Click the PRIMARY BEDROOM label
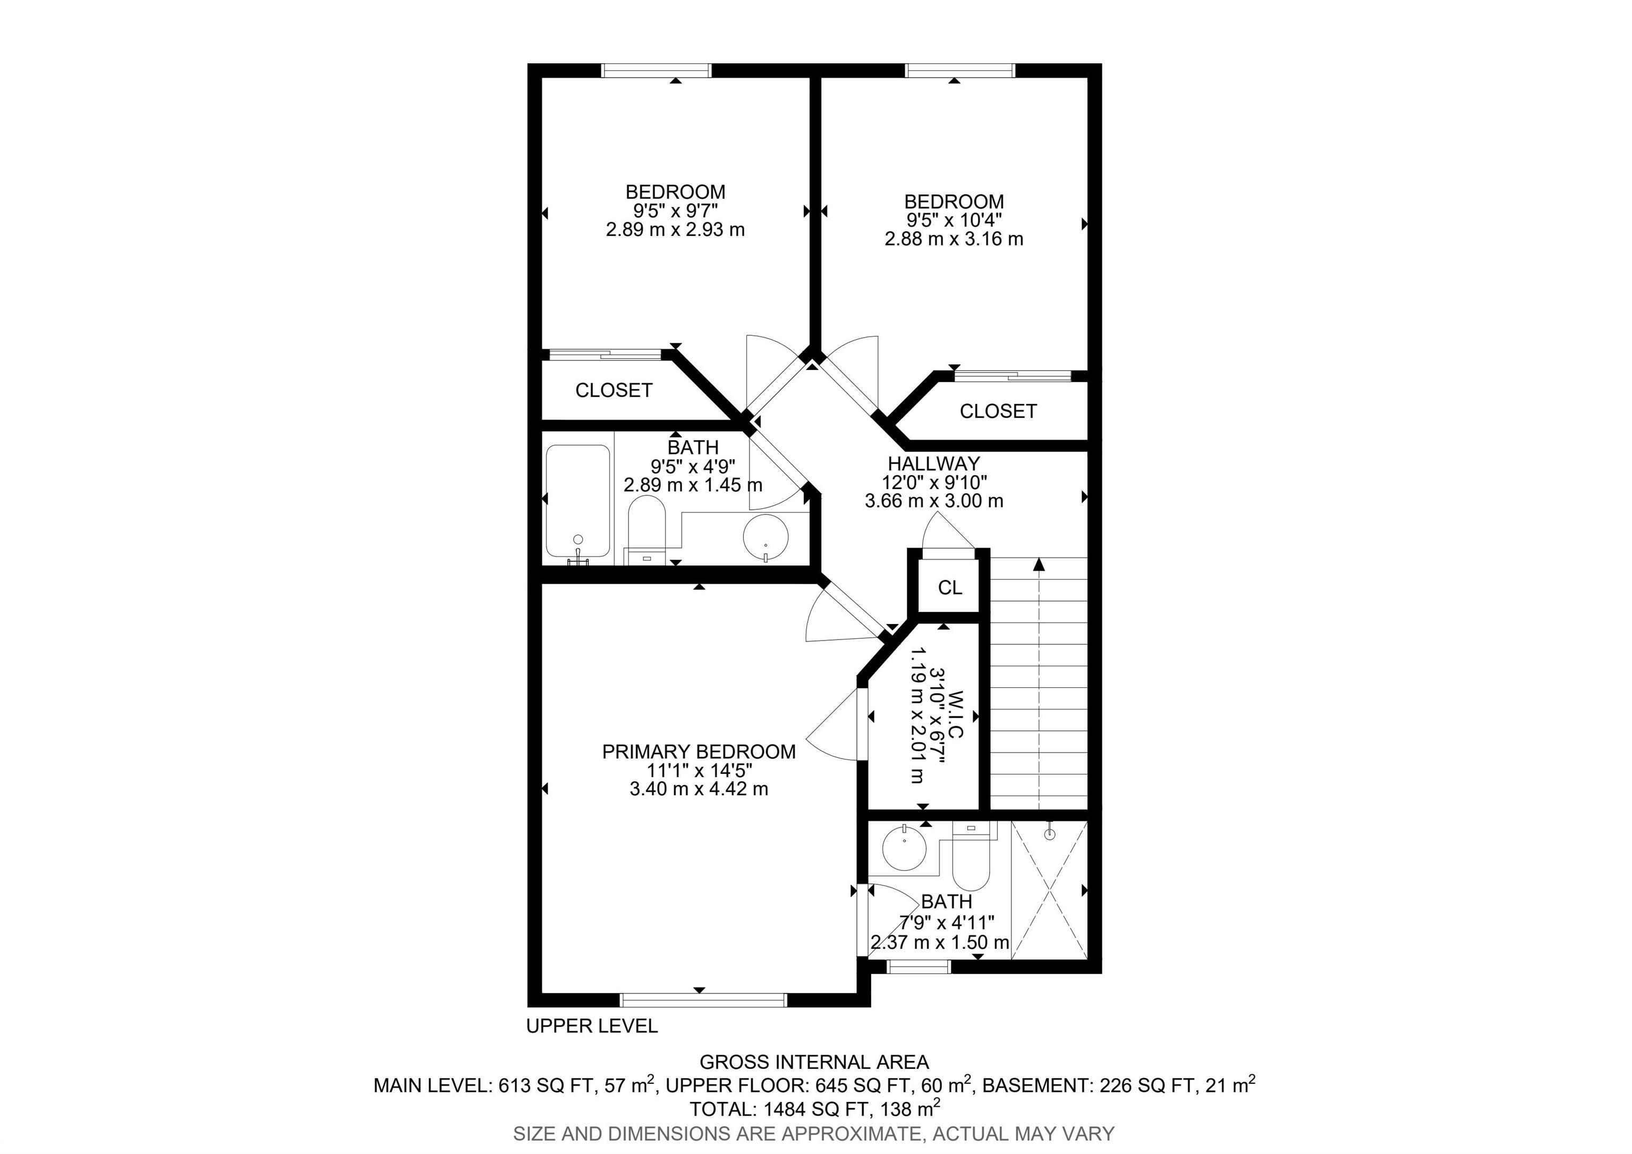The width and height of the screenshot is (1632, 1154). pyautogui.click(x=699, y=752)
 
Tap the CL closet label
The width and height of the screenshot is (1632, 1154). pyautogui.click(x=950, y=587)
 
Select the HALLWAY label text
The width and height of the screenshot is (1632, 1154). pyautogui.click(x=933, y=464)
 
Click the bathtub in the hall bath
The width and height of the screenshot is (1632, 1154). pyautogui.click(x=578, y=502)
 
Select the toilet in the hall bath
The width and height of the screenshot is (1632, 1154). pyautogui.click(x=645, y=530)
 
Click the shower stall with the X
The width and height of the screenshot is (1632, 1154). pyautogui.click(x=1049, y=889)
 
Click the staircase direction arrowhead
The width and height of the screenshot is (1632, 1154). pyautogui.click(x=1039, y=565)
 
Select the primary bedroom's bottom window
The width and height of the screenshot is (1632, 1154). pyautogui.click(x=704, y=1000)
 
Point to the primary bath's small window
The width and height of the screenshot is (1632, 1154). pyautogui.click(x=919, y=966)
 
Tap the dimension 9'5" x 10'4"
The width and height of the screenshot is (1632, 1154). pyautogui.click(x=954, y=221)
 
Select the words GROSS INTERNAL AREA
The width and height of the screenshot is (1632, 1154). pyautogui.click(x=814, y=1062)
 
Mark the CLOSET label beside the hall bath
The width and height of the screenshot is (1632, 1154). pyautogui.click(x=614, y=390)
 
